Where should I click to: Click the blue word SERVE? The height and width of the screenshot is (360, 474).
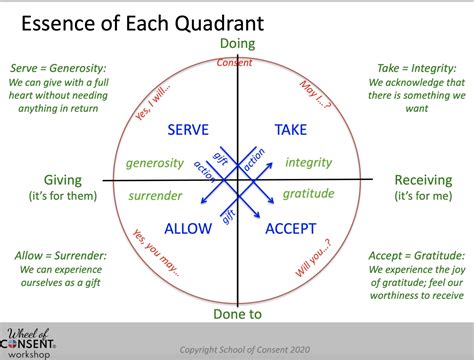pos(187,131)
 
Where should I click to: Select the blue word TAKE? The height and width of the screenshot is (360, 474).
pos(291,131)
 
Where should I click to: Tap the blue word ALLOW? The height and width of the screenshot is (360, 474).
pos(188,229)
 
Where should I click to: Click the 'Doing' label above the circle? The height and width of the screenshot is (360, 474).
pos(236,43)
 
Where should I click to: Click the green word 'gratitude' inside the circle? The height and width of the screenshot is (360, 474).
pos(309,193)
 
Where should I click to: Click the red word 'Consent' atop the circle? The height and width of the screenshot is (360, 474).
pos(236,63)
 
